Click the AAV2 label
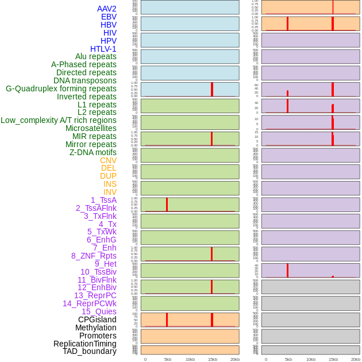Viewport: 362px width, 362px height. pos(106,9)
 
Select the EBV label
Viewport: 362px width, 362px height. pos(109,17)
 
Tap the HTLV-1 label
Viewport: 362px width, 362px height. pos(103,49)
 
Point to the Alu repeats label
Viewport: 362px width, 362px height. pos(95,56)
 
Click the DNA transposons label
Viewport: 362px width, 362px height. pos(84,80)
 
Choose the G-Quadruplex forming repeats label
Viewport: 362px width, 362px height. pos(61,88)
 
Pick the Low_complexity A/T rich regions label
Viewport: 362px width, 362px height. pos(58,120)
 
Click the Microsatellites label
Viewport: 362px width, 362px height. pos(91,128)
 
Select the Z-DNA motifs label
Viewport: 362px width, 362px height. pos(93,152)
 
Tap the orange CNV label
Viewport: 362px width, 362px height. pos(108,160)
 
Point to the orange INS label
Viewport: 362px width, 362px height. pos(110,184)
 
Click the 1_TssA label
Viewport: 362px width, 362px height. pos(103,200)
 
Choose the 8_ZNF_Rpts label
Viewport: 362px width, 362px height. pos(94,256)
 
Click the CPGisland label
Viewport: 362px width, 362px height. pos(97,319)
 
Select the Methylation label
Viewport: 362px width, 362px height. pos(95,328)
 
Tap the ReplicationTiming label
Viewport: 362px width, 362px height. pos(84,344)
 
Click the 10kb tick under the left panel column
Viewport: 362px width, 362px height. pos(190,359)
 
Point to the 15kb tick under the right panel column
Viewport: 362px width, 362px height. pos(333,359)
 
